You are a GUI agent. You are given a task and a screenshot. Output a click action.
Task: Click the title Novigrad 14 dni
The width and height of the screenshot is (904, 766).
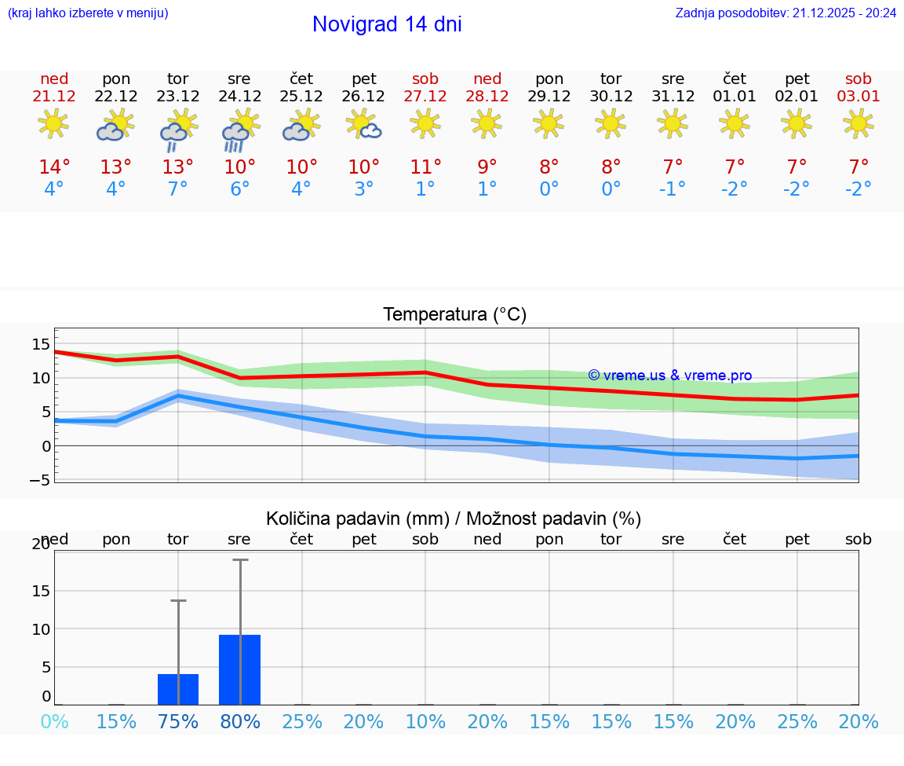pos(387,24)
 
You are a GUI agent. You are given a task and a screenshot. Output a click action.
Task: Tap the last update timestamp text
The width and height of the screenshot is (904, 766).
pos(786,13)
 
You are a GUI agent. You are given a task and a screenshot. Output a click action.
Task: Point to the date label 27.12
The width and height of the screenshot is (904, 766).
pos(425,97)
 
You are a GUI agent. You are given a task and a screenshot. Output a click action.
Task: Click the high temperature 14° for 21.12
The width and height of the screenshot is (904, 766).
pos(54,167)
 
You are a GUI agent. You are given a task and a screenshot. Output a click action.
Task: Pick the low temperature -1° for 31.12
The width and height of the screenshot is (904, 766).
pos(673,189)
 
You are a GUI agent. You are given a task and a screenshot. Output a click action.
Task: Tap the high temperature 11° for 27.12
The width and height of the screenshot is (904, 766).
pos(425,167)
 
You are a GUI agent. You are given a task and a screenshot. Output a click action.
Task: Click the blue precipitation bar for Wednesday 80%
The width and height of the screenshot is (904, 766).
pos(239,669)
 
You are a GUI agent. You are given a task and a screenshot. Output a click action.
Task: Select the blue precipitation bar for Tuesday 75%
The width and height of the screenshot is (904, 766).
pos(178,689)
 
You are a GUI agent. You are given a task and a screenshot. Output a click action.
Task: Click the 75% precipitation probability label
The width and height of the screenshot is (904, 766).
pos(178,721)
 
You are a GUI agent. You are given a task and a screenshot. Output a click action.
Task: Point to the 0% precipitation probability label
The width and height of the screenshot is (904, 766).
pos(54,721)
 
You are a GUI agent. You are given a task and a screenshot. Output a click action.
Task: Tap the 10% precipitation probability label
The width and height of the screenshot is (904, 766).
pos(425,721)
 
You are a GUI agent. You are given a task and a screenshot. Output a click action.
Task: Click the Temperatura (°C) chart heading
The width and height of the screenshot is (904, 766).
pos(454,314)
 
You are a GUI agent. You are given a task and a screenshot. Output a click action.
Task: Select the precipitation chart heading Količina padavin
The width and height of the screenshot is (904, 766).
pos(454,519)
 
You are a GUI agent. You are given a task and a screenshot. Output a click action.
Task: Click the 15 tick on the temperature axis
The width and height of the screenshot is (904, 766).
pos(41,343)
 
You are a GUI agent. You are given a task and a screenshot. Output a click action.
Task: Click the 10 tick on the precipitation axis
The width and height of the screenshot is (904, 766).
pos(41,629)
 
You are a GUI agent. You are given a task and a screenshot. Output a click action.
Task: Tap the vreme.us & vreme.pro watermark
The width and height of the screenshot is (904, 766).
pos(669,376)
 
